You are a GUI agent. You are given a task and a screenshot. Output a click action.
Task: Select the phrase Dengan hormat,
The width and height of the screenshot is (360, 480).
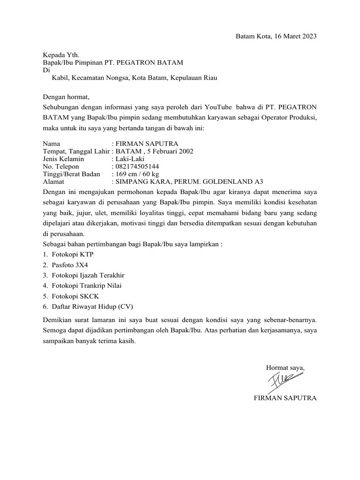tap(66, 97)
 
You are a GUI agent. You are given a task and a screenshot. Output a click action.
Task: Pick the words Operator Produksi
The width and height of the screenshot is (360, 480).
tap(288, 117)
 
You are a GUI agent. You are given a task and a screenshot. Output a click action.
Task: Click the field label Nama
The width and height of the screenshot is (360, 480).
tap(52, 143)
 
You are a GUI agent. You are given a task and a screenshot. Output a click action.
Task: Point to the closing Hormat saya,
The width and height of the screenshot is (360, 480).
tap(285, 367)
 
